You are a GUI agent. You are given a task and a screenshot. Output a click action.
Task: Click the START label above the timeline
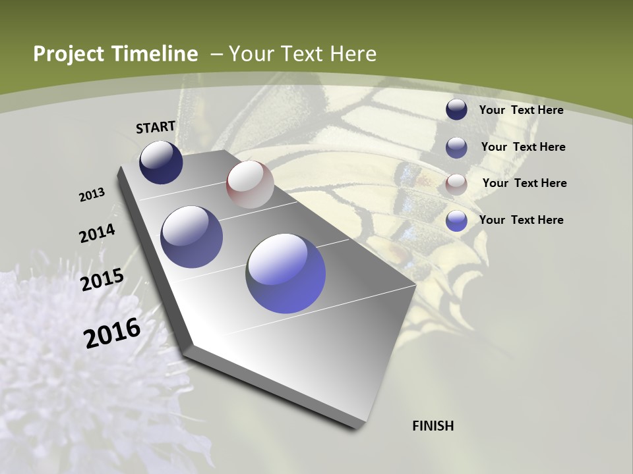156,127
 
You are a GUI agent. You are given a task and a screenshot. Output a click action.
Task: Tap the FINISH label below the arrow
433,426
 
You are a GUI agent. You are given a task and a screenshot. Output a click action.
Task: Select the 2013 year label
92,194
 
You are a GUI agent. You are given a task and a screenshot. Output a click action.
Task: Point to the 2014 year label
97,234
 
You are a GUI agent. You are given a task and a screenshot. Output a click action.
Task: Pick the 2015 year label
102,279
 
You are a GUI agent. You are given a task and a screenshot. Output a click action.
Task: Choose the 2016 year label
112,332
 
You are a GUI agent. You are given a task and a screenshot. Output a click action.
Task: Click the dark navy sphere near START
161,162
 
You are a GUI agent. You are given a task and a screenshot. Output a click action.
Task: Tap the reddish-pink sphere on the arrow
250,184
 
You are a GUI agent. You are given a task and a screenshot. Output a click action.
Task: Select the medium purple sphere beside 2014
192,236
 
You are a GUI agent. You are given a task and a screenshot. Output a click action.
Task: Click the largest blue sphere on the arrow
286,273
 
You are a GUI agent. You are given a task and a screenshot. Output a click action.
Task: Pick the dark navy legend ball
456,109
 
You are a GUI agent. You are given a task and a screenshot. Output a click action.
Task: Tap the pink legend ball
456,184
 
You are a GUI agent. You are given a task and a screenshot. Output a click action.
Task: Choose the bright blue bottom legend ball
456,221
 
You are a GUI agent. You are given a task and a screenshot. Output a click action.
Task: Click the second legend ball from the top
456,147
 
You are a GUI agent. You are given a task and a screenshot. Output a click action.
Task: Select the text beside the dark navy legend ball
521,110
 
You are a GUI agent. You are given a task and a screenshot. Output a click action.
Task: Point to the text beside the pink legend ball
524,183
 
